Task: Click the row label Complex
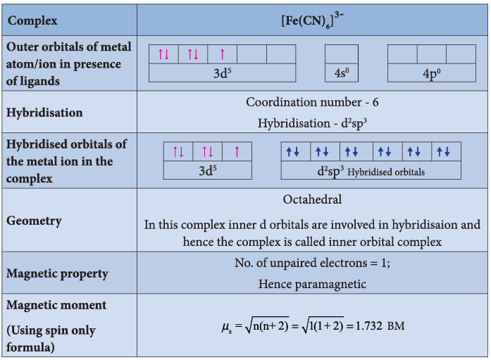point(32,20)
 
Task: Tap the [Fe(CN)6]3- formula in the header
point(312,20)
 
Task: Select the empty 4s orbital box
point(342,54)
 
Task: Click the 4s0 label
point(342,73)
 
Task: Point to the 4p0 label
point(432,73)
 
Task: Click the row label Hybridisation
point(44,113)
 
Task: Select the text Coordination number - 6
point(312,102)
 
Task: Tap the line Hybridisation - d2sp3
point(312,123)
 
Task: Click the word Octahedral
point(312,199)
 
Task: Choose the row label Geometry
point(34,221)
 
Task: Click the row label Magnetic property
point(57,273)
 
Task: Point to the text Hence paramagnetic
point(312,284)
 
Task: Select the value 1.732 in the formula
point(369,326)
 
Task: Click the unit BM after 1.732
point(396,326)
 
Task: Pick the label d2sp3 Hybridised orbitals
point(371,171)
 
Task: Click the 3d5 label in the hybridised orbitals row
point(208,170)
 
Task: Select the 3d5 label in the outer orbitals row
point(223,73)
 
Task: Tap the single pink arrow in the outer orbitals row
point(223,54)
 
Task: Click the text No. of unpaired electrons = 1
point(312,263)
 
